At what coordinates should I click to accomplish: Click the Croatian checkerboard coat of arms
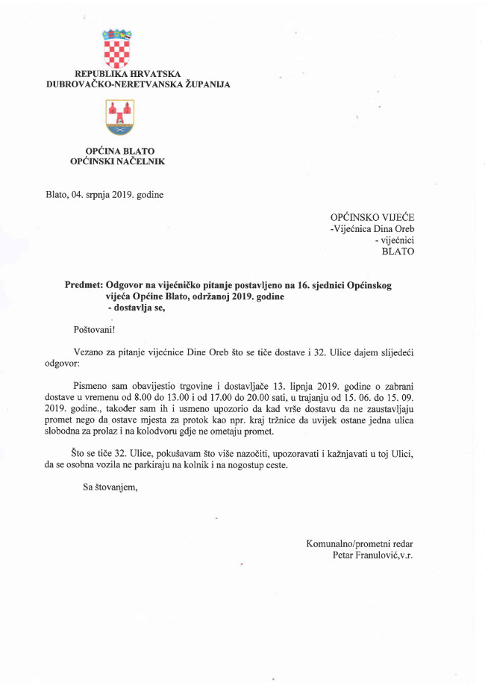[x=117, y=49]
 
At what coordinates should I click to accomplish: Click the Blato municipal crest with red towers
[x=119, y=117]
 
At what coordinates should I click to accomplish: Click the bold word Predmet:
[x=84, y=286]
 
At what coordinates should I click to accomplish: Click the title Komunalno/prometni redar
[x=360, y=544]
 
